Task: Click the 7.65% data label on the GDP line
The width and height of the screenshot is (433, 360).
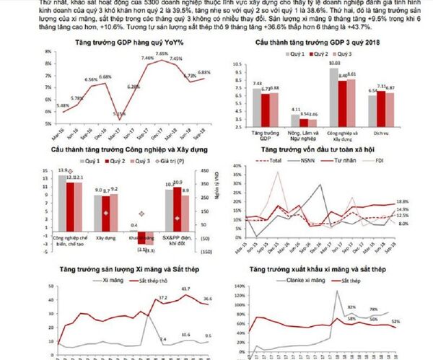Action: click(x=161, y=53)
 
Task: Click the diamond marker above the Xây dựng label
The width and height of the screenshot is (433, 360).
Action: click(x=105, y=214)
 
